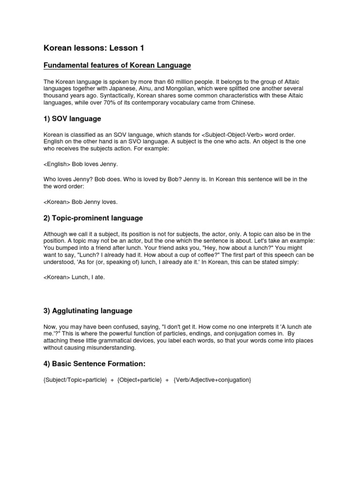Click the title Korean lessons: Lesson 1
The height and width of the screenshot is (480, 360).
[x=87, y=48]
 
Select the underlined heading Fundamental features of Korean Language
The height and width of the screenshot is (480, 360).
[x=117, y=65]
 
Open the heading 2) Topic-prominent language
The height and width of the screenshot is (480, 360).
[x=93, y=218]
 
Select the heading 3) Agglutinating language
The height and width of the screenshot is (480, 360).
[x=88, y=310]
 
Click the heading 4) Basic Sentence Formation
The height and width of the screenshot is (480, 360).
[x=94, y=364]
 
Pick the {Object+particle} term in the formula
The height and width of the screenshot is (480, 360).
[x=140, y=379]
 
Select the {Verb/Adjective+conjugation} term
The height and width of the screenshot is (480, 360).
[x=212, y=379]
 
